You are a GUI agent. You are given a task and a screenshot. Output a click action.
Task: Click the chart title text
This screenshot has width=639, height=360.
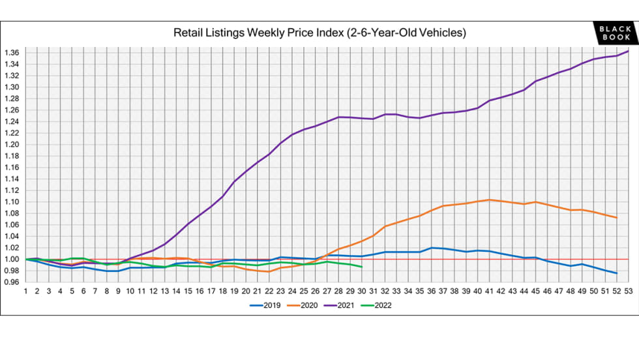click(x=319, y=32)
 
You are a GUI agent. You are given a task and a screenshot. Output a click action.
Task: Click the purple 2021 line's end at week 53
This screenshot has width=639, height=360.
click(x=627, y=51)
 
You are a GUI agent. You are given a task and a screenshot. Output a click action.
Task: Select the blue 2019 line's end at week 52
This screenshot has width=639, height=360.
click(x=616, y=273)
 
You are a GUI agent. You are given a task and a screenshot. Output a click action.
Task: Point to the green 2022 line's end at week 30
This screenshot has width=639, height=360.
click(x=362, y=267)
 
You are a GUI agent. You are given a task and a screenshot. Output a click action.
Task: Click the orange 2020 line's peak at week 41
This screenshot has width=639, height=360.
click(x=489, y=200)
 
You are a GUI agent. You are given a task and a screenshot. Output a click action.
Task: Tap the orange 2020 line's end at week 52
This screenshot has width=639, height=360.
click(x=616, y=218)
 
